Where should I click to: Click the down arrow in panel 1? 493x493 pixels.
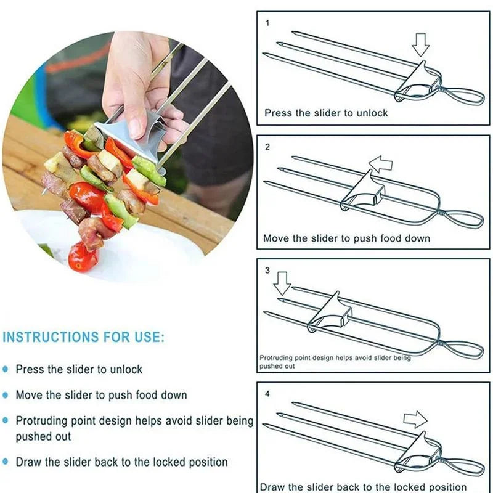point(420,44)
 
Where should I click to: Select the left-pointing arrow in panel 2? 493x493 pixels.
point(380,164)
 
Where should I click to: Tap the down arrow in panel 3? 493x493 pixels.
point(282,283)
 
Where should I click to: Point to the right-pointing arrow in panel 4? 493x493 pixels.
point(415,419)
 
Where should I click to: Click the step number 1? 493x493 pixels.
point(267,23)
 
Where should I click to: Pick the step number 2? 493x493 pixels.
point(267,147)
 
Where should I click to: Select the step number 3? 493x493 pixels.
point(267,271)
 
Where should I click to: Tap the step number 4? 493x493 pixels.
point(267,394)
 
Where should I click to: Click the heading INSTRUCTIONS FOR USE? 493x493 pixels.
point(83,337)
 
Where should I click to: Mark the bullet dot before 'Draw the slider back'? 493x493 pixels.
point(6,462)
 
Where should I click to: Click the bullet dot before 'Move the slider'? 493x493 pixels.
point(6,395)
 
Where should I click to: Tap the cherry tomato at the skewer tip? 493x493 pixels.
point(83,258)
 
